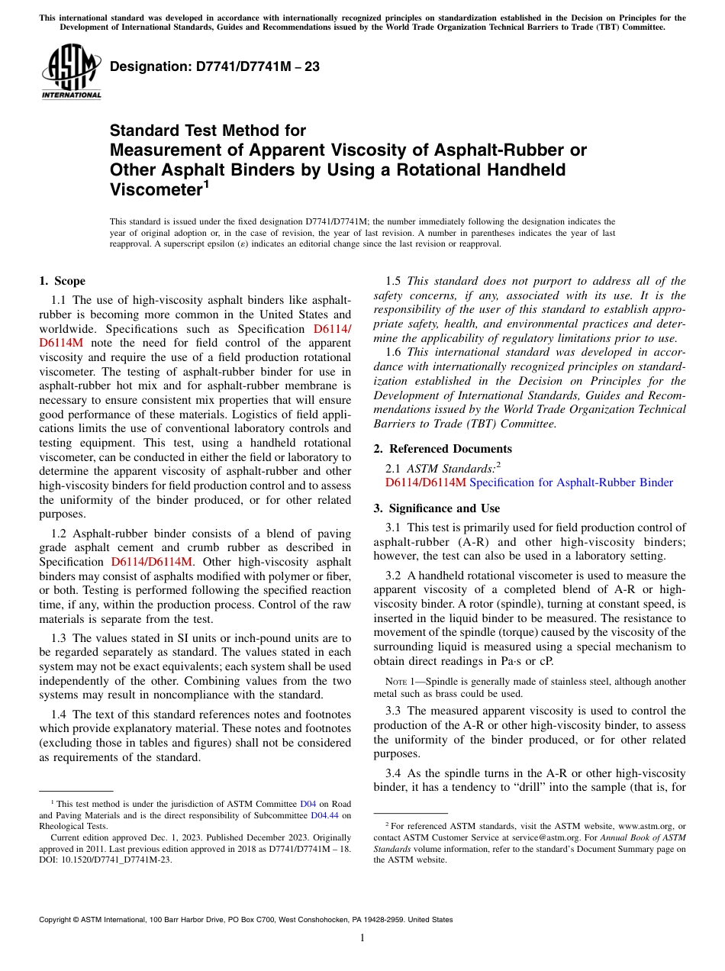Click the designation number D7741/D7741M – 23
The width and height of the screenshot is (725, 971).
tap(214, 66)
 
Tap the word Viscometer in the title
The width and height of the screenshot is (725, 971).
tap(155, 189)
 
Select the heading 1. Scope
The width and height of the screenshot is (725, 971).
tap(62, 281)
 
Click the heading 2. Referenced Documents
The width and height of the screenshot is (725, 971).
tap(443, 449)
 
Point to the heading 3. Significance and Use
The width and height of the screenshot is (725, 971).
tap(437, 508)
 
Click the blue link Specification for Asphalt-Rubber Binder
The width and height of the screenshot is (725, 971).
tap(571, 482)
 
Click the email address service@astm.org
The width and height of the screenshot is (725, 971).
tap(545, 837)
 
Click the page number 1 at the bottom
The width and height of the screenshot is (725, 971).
tap(362, 938)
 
